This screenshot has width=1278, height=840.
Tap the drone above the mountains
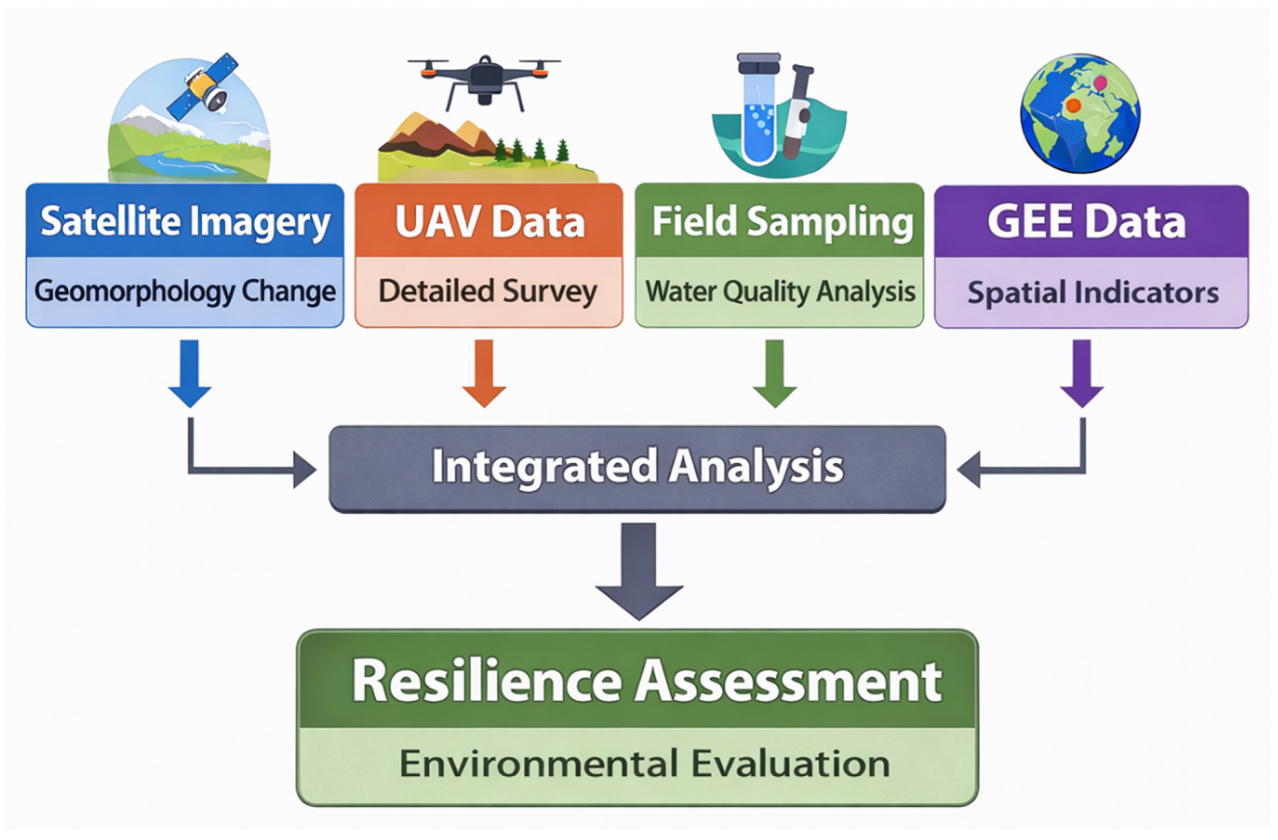tap(484, 80)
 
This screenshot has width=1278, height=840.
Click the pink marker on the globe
tap(1100, 83)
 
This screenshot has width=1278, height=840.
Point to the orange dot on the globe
tap(1073, 105)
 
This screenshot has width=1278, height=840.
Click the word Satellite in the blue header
tap(110, 222)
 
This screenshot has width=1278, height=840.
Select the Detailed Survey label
tap(488, 291)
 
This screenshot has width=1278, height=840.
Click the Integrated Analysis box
tap(638, 468)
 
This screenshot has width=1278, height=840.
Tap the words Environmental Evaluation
tap(644, 764)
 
